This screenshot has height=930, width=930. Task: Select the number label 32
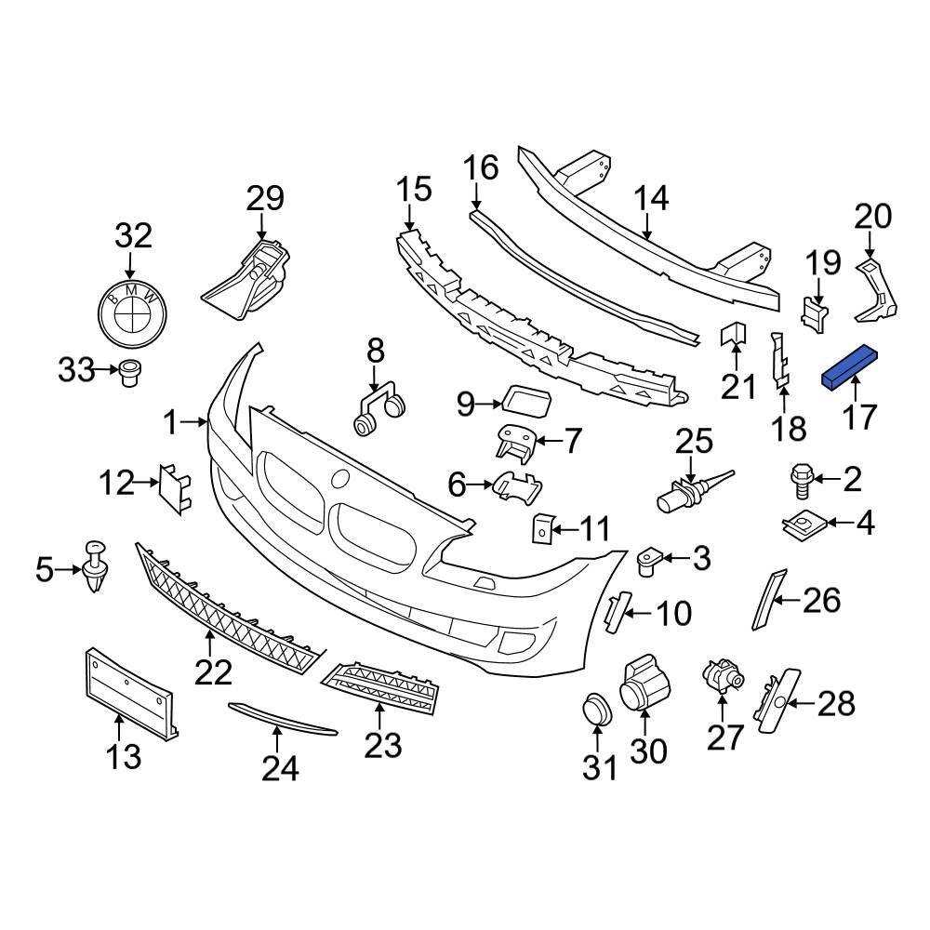pos(132,234)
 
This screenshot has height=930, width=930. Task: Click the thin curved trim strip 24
pos(283,717)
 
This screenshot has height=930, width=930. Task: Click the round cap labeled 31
pos(595,710)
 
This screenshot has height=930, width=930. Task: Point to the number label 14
pos(651,199)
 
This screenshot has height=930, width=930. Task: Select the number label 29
pos(264,199)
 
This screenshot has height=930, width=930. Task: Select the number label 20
pos(872,216)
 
